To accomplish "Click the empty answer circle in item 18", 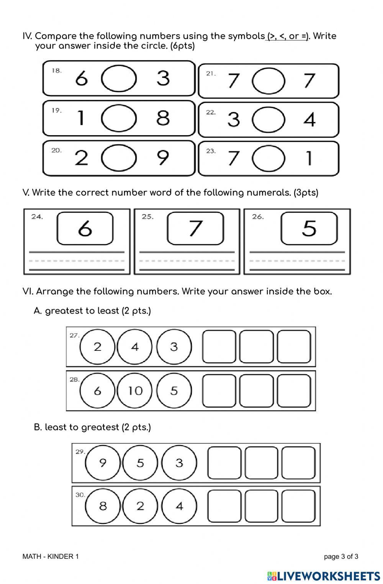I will click(x=119, y=79).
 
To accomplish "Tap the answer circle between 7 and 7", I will click(x=268, y=80).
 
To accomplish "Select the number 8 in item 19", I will click(x=163, y=118).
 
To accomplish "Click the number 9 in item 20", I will click(x=163, y=157).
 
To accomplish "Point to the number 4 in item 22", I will click(x=309, y=119).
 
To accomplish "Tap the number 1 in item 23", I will click(x=309, y=158).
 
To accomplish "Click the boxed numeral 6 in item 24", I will click(x=85, y=229).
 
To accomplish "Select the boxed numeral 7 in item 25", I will click(x=195, y=229).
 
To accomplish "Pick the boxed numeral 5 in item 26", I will click(x=309, y=229).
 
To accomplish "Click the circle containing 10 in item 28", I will click(x=135, y=391).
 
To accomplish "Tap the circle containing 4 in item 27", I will click(x=135, y=347).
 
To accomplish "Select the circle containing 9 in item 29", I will click(x=103, y=463).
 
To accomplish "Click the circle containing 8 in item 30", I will click(x=103, y=506).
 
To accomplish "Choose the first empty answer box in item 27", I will click(x=219, y=347).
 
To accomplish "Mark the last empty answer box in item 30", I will click(x=298, y=506).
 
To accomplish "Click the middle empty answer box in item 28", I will click(x=256, y=391).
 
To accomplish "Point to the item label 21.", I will click(x=211, y=74).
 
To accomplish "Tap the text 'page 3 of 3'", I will click(x=341, y=556).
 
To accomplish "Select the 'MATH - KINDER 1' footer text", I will click(x=51, y=556).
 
